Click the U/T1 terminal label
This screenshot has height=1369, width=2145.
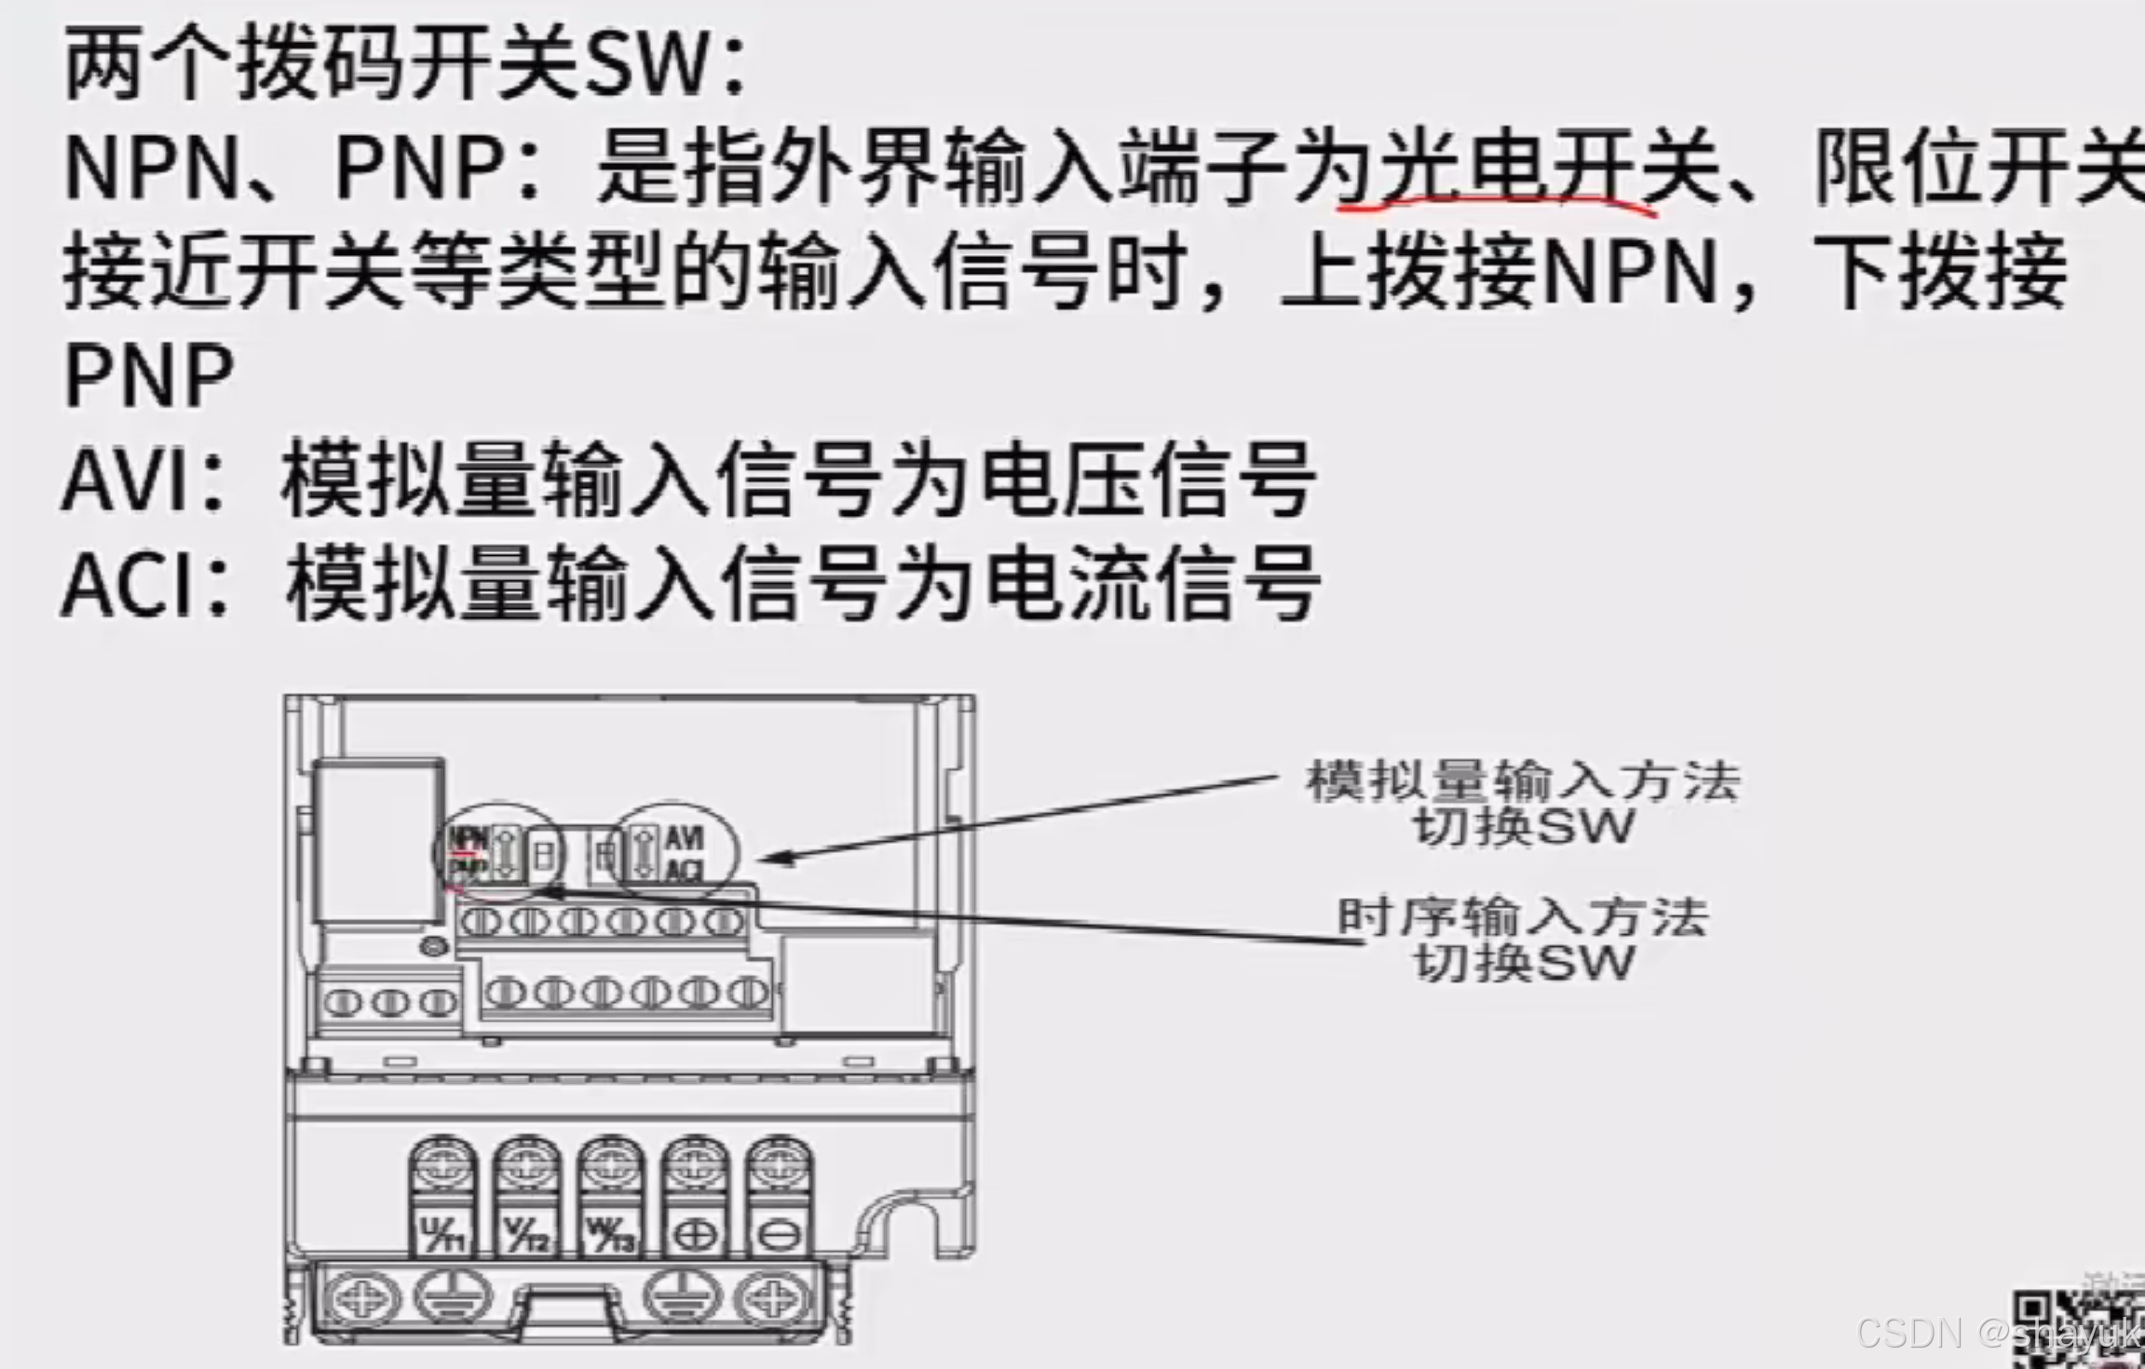point(443,1236)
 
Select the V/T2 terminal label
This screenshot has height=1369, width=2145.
point(527,1236)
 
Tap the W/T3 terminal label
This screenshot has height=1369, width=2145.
point(611,1236)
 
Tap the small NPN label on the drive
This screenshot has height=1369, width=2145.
point(468,837)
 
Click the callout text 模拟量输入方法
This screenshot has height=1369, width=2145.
point(1523,780)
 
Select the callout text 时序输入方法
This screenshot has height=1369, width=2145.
point(1523,917)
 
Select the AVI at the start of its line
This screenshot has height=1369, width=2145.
point(130,481)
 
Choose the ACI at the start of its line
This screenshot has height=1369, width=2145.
point(130,585)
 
